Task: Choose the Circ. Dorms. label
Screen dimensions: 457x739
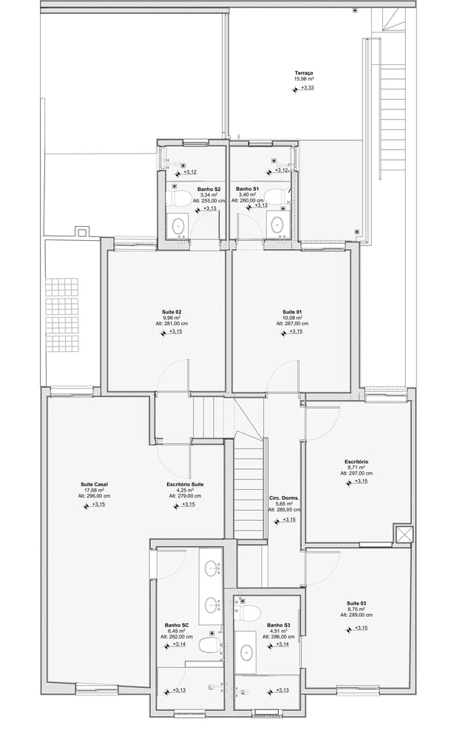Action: coord(285,498)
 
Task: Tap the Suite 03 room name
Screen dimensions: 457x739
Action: coord(356,603)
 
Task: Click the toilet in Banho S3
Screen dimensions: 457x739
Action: coord(251,613)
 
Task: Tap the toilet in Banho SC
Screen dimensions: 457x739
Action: coord(210,645)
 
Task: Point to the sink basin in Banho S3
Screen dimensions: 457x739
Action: coord(246,653)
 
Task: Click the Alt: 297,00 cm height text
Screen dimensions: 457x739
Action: coord(356,473)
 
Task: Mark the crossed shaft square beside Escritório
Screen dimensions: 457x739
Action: coord(404,534)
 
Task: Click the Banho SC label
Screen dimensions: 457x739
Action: coord(175,625)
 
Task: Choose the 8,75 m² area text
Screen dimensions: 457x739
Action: coord(356,609)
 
